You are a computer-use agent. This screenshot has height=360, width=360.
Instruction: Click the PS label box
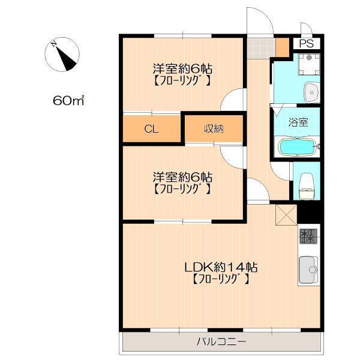click(307, 43)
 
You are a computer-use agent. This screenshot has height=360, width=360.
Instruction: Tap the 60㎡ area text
click(68, 100)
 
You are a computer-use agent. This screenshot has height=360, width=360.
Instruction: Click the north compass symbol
click(62, 54)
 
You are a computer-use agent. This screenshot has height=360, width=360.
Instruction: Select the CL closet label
click(151, 129)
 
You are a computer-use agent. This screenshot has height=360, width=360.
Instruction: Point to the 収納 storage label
click(214, 129)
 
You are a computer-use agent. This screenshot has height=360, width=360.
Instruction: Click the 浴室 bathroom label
click(298, 122)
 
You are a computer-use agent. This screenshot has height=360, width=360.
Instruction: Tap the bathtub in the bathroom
click(298, 147)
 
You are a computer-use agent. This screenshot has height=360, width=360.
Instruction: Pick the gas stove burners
click(308, 236)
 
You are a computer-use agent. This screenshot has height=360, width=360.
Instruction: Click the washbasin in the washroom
click(311, 92)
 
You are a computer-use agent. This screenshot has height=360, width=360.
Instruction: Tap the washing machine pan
click(309, 64)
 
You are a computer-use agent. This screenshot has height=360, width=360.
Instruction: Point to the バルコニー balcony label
click(221, 341)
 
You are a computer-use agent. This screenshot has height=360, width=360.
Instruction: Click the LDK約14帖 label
click(221, 267)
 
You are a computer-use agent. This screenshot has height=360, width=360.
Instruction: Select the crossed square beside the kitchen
click(286, 215)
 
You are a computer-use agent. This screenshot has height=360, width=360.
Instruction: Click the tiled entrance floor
click(261, 48)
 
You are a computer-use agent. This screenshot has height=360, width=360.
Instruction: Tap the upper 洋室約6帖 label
click(182, 68)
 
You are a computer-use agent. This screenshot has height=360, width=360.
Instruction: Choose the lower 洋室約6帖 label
click(182, 177)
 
